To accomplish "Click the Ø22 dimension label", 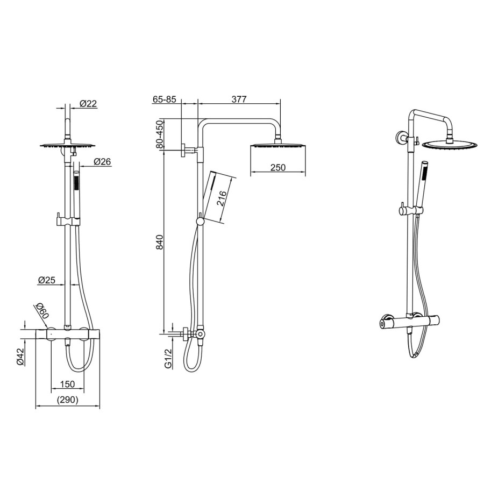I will (88, 104).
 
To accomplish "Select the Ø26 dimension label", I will (102, 161).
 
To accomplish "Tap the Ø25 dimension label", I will (47, 280).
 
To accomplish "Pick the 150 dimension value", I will (67, 384).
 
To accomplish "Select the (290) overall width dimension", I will (67, 400).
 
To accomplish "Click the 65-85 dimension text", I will (164, 99).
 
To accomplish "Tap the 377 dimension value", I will (239, 99).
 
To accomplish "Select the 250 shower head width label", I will (277, 168).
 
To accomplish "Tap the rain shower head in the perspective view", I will (450, 145).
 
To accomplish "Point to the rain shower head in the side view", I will (277, 146).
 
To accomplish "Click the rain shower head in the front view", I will (67, 145).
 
